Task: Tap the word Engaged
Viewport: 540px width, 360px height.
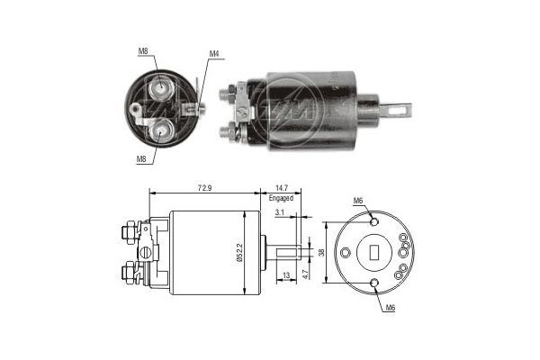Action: pos(281,197)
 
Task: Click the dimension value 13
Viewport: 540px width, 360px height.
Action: pos(285,274)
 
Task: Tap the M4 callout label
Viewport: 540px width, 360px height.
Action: pos(214,54)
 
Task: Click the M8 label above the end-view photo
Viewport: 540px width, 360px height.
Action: pos(143,51)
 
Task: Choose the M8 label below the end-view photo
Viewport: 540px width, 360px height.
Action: pos(141,157)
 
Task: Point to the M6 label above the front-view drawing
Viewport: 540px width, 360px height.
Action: pos(358,200)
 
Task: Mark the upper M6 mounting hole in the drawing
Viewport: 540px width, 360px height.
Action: pos(373,220)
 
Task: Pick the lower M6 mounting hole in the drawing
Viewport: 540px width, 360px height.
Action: pos(374,284)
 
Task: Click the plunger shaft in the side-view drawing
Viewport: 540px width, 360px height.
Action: pos(283,253)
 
